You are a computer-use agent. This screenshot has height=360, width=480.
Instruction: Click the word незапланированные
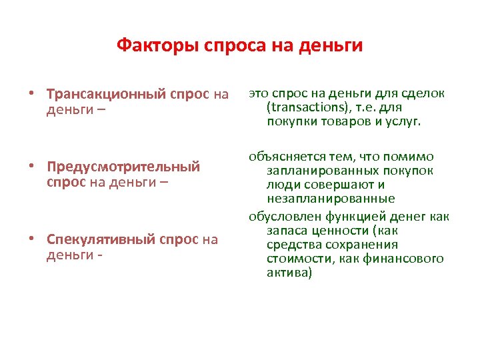click(331, 199)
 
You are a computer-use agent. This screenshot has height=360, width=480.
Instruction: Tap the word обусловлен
click(285, 216)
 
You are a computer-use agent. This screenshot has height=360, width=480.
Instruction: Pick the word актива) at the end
click(289, 272)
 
